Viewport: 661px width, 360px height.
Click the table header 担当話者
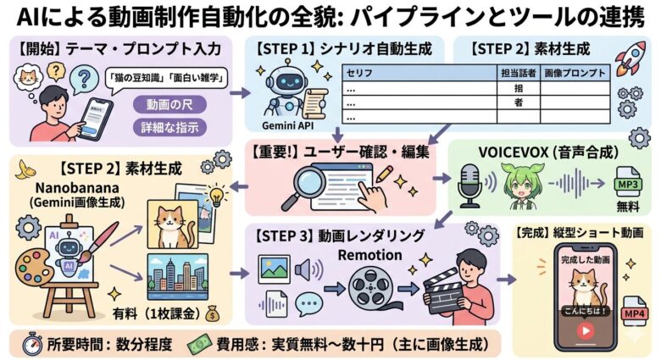pyautogui.click(x=514, y=72)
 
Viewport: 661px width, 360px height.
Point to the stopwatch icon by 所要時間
pyautogui.click(x=31, y=344)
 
